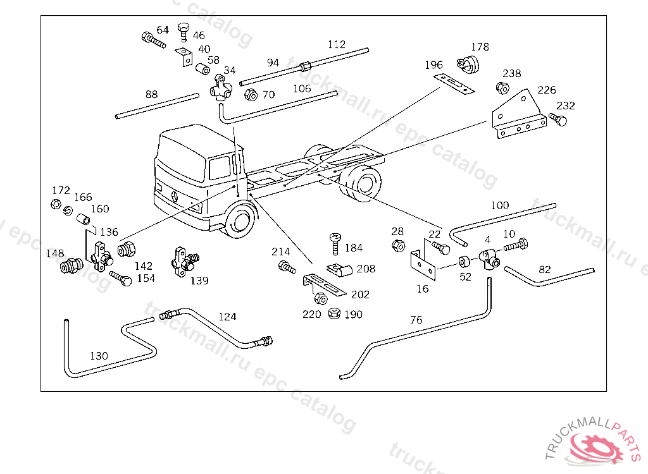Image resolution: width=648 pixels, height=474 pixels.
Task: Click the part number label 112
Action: point(337,45)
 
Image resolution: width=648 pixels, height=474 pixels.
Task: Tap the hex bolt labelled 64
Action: point(153,40)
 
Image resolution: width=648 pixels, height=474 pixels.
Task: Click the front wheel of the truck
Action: point(240,219)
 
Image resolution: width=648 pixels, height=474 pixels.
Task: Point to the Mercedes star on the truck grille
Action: point(175,196)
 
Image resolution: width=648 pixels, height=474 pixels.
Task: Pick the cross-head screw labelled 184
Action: point(335,244)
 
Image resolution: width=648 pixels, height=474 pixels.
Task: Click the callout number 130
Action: point(99,356)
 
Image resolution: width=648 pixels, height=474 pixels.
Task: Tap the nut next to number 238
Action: point(502,88)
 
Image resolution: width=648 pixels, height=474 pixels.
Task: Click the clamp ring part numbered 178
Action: point(468,64)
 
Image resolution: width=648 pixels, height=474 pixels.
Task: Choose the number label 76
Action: point(416,320)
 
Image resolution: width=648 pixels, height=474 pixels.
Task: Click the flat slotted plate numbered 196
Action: point(454,84)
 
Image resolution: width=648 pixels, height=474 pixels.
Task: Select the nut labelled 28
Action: point(398,246)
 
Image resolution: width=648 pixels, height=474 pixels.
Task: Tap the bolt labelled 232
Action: point(558,119)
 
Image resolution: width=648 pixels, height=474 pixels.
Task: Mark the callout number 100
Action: point(500,205)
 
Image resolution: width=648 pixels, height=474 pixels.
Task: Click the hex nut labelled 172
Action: point(56,204)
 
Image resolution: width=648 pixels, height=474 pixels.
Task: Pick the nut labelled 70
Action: point(251,95)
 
